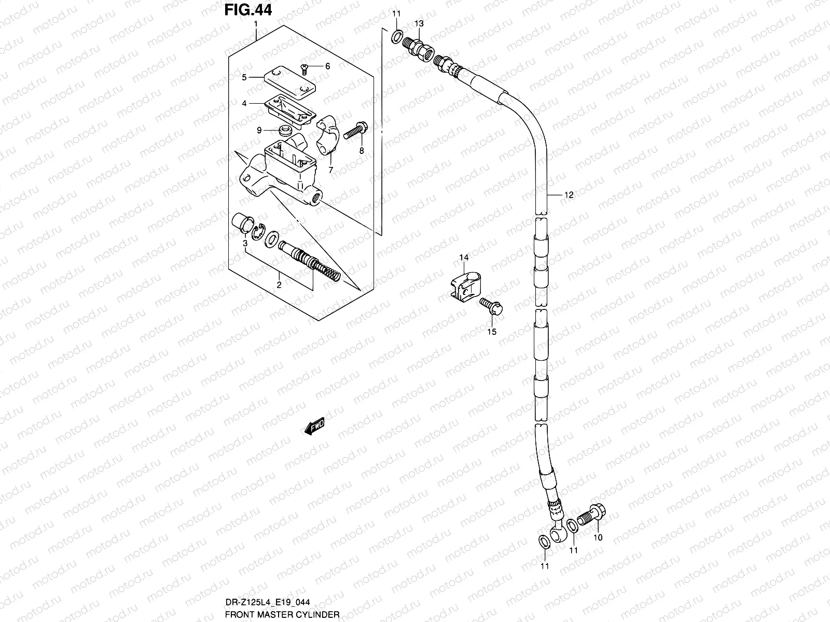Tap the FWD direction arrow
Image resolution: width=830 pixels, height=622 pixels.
314,427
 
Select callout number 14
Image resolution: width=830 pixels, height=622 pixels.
463,258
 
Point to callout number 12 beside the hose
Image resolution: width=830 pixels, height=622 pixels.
569,195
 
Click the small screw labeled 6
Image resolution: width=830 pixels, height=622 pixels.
305,68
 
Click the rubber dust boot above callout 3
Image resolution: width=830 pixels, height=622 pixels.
242,222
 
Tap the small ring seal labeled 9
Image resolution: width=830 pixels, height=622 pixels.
284,131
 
